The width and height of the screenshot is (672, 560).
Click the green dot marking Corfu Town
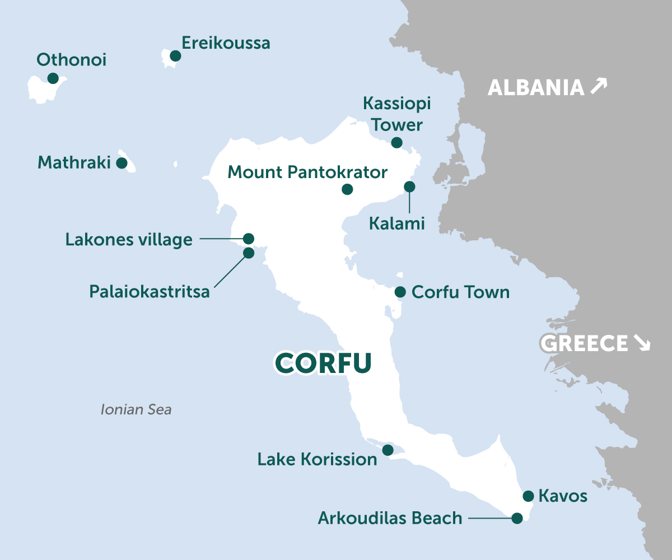pos(400,292)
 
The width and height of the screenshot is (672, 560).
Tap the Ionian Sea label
pos(136,410)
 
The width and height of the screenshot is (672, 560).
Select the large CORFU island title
pos(324,362)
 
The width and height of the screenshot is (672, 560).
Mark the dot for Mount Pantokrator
pos(347,189)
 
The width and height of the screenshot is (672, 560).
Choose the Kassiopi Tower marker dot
pos(396,142)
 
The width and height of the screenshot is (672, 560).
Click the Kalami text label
pos(396,224)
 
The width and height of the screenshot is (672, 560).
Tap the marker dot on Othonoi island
pos(53,78)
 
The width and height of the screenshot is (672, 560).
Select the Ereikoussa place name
pos(226,43)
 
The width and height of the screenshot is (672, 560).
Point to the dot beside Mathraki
pos(121,163)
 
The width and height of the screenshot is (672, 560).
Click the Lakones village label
pos(129,240)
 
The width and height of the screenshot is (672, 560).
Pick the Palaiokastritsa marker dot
pos(249,253)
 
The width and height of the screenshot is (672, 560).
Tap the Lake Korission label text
pos(317,460)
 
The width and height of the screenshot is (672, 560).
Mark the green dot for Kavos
pos(528,496)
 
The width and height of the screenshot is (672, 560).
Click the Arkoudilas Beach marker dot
pos(517,518)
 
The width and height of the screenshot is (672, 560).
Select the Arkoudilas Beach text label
pos(390,518)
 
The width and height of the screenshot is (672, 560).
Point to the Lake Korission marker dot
pos(387,450)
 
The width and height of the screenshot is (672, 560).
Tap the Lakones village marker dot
pos(249,238)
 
